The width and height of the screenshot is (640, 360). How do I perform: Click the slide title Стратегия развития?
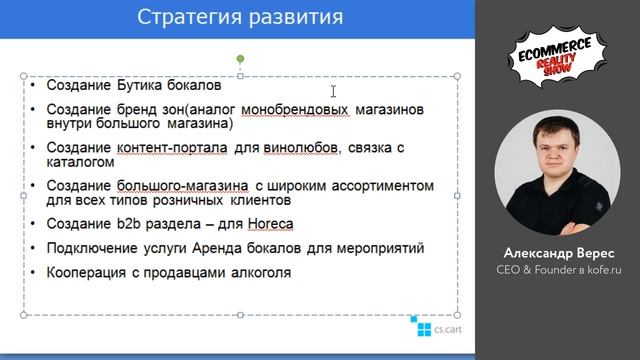coord(239,17)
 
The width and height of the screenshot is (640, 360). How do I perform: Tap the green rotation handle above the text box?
coord(240,60)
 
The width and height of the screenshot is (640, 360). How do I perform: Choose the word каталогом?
coord(73,161)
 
